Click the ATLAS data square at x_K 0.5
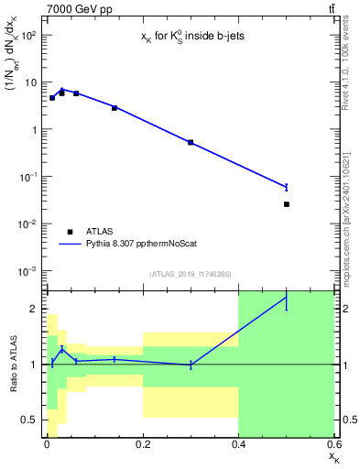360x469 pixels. (287, 204)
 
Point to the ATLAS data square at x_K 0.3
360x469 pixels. (191, 142)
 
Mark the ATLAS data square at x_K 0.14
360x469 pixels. (115, 108)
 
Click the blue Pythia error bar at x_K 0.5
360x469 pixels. (287, 187)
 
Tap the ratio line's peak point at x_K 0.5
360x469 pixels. (287, 297)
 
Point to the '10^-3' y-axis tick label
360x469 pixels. (27, 271)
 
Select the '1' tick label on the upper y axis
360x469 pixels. (34, 129)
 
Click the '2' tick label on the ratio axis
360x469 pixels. (34, 309)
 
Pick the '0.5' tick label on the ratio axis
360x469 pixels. (29, 420)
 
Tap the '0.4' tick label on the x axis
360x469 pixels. (238, 444)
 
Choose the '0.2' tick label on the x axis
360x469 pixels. (143, 444)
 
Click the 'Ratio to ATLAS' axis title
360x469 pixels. (12, 364)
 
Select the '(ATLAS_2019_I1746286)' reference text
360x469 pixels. (191, 274)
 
